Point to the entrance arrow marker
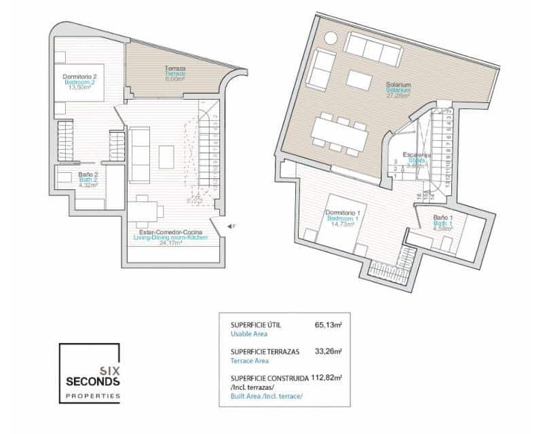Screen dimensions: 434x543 tap(230, 226)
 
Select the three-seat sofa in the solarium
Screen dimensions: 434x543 tap(373, 50)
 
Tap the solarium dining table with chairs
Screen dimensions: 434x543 tap(339, 134)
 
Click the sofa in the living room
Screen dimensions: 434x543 tap(140, 155)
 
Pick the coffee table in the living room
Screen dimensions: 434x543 tap(166, 157)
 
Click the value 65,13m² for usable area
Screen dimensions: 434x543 tap(329, 325)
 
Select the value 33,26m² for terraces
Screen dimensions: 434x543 tap(329, 351)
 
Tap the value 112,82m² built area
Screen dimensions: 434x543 tap(326, 377)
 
